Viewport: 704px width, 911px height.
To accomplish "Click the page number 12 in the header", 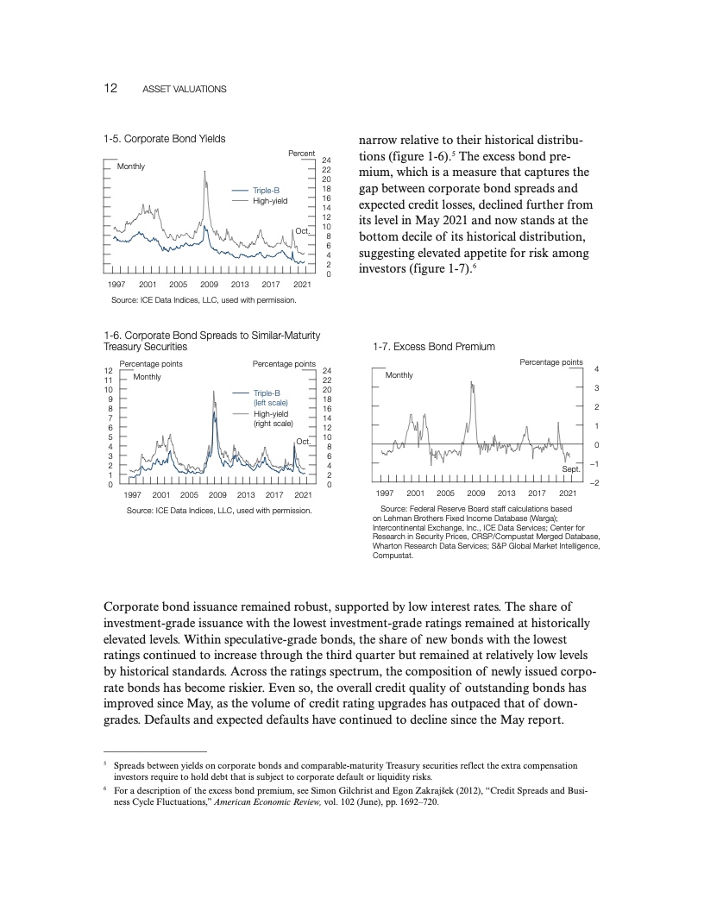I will coord(110,89).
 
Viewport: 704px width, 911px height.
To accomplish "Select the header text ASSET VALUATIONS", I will coord(184,90).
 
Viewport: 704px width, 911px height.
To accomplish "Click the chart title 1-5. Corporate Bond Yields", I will coord(164,138).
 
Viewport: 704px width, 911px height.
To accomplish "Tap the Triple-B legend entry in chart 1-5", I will coord(266,190).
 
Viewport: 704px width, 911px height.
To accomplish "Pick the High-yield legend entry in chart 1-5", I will coord(269,200).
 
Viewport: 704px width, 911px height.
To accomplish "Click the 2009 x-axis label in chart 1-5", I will coord(209,284).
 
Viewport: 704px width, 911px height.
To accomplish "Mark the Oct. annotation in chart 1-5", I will coord(302,231).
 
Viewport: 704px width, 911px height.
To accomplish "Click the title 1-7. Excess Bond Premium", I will coord(433,347).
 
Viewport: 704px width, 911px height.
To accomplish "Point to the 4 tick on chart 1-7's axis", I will coord(598,370).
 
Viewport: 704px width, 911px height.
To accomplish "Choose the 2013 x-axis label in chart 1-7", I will coord(506,493).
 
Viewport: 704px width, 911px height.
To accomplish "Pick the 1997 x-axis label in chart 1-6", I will coord(133,494).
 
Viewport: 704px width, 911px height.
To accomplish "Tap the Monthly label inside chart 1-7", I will coord(399,375).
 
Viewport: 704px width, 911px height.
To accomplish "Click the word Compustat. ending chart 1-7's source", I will coord(393,556).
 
